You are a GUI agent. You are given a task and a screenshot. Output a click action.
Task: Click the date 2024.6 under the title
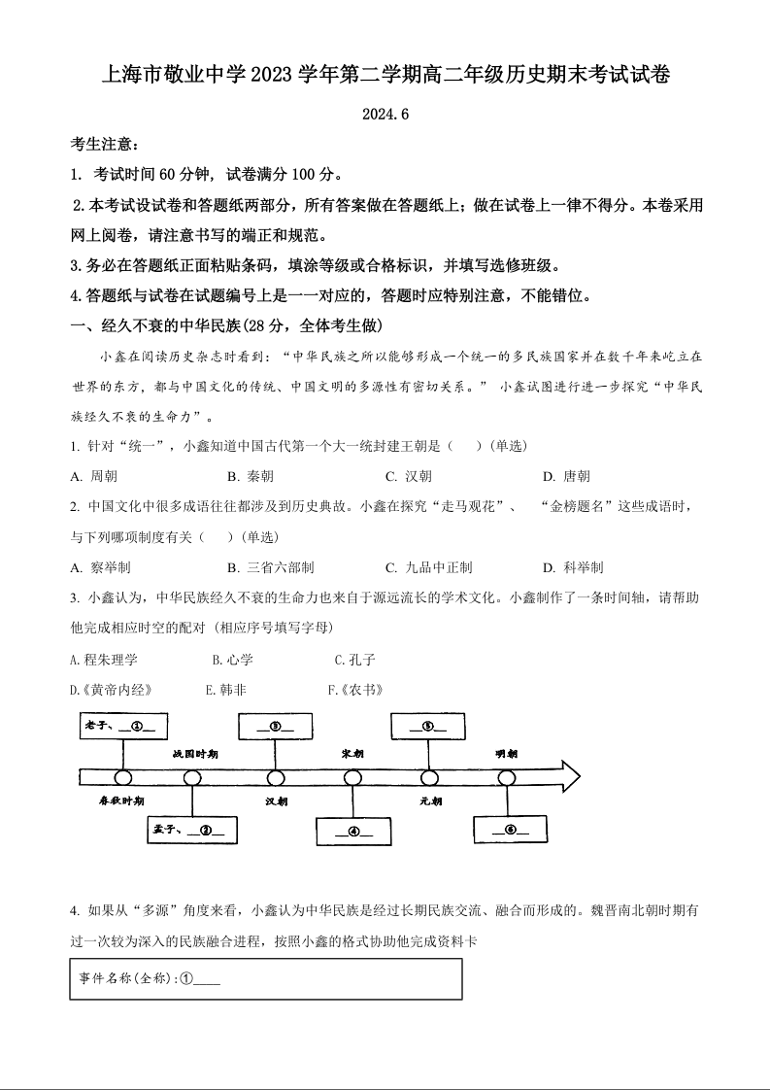(x=385, y=114)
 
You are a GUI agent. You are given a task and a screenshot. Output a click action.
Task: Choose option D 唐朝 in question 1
(x=566, y=476)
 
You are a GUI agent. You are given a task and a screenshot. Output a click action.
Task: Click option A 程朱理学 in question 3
(x=105, y=660)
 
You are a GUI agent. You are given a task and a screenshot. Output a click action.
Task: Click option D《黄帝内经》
(x=111, y=690)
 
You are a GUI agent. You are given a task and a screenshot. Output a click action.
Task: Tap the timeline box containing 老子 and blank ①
(x=124, y=725)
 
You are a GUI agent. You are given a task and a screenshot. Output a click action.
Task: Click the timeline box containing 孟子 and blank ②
(x=191, y=829)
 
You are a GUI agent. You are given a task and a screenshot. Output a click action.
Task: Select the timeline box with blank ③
(x=275, y=725)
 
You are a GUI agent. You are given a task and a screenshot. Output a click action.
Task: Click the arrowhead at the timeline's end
(x=566, y=776)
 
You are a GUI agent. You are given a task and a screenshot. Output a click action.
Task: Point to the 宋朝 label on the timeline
(x=352, y=753)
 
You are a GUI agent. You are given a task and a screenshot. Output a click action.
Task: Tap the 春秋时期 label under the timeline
(x=121, y=800)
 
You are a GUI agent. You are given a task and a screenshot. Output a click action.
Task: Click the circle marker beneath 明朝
(x=507, y=777)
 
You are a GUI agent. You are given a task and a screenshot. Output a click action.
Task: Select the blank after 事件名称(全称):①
(x=208, y=978)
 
